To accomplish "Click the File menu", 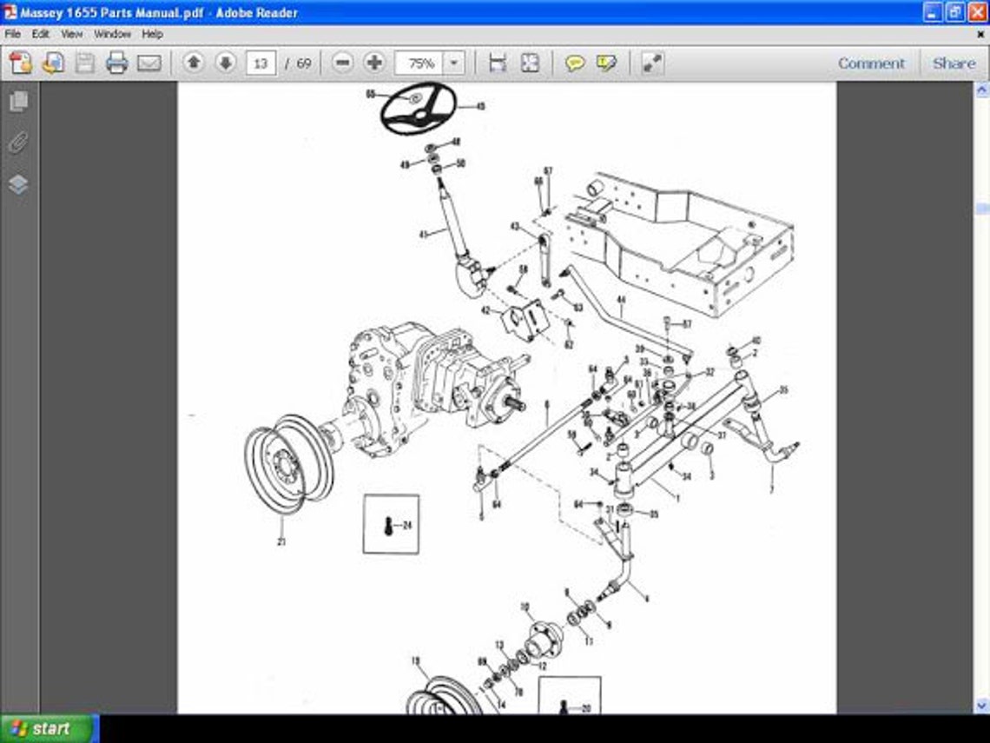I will tap(13, 34).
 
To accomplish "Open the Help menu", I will tap(152, 34).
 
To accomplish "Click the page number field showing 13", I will tap(261, 63).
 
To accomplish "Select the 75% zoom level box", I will tap(421, 63).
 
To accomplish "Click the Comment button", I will tap(871, 63).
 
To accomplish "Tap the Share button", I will tap(954, 63).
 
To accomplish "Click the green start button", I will tap(49, 728).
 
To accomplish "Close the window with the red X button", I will tap(977, 12).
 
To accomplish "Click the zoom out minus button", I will tap(343, 63).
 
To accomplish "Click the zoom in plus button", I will tap(374, 63).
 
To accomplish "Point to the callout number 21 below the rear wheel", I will tap(281, 541).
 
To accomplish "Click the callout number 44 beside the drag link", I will tap(621, 301).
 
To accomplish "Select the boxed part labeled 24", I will tap(391, 524).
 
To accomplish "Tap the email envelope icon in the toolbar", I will tap(149, 63).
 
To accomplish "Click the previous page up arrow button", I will tap(194, 63).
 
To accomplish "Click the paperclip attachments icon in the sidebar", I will tap(18, 143).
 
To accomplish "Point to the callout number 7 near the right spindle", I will tap(771, 491).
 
